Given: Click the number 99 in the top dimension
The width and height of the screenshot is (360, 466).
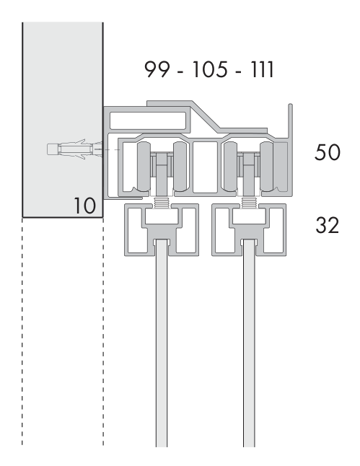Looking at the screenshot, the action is (157, 69).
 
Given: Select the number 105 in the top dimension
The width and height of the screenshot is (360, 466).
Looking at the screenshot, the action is (210, 69).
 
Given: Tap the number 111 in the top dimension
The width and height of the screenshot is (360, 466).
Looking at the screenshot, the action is (262, 69).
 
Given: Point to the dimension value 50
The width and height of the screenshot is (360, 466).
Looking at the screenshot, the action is (327, 152).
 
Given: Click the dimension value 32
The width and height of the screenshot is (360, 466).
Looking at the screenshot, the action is (327, 225).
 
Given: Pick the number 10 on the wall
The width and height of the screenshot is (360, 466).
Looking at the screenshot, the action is (84, 206).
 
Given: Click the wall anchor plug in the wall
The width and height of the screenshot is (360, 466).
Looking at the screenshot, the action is (75, 149).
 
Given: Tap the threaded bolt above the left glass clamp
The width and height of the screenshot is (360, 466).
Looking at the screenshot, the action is (162, 203).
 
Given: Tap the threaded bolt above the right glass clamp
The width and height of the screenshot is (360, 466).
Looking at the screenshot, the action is (249, 203).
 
